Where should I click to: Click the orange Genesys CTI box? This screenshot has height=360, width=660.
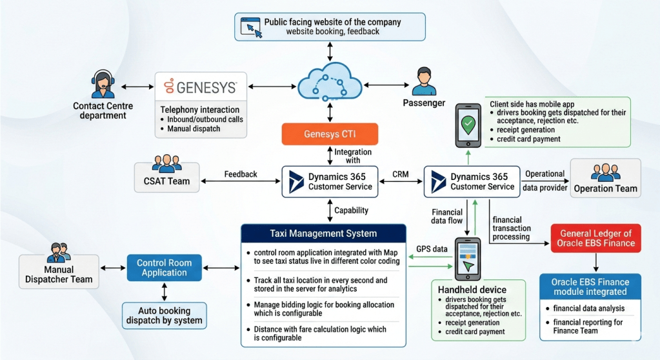coord(330,134)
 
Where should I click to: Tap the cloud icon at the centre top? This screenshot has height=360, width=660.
coord(330,82)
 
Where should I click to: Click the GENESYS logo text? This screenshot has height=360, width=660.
coord(201,86)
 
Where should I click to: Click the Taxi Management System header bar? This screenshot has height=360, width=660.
coord(323,234)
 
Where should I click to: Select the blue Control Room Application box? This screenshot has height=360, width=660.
coord(164,267)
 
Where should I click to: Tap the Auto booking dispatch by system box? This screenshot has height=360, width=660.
coord(165,315)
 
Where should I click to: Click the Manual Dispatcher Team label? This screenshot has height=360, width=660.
coord(59,274)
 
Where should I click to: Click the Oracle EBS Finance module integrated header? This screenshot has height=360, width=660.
coord(590,287)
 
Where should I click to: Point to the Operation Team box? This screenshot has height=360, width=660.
coord(605,177)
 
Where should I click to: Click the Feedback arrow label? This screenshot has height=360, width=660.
coord(241,174)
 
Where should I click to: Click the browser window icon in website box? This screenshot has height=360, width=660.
coord(251,27)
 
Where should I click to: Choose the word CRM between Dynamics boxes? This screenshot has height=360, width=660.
coord(401,174)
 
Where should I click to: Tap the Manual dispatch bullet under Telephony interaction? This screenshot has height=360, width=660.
coord(194,129)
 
